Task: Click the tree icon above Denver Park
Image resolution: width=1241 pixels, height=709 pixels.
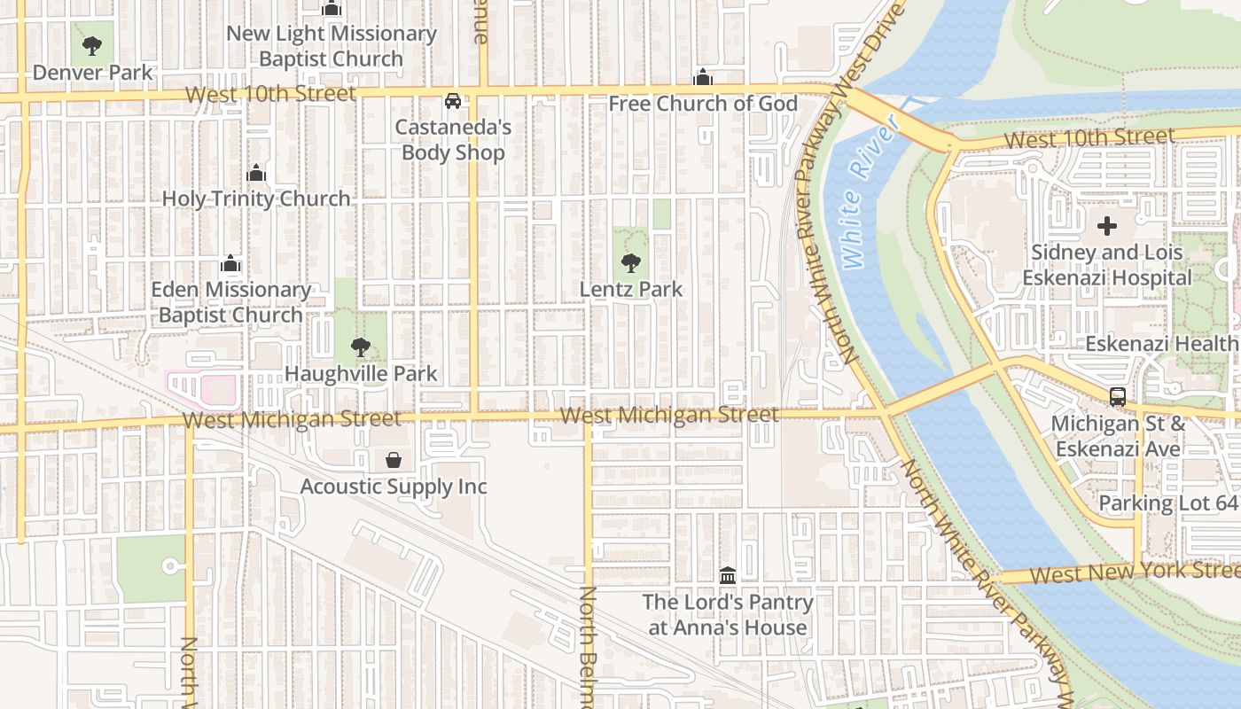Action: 91,46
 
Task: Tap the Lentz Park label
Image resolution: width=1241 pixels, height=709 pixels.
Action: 631,289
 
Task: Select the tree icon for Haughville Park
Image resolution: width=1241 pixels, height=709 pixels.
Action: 360,347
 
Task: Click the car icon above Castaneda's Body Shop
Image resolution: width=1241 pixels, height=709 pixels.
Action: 453,101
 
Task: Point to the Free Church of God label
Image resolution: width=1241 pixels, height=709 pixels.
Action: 703,104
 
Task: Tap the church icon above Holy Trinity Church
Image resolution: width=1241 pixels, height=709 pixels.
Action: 256,173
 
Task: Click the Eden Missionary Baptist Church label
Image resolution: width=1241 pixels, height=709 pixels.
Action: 230,302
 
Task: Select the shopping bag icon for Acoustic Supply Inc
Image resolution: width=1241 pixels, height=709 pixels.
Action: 394,460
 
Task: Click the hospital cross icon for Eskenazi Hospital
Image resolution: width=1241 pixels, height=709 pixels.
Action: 1107,226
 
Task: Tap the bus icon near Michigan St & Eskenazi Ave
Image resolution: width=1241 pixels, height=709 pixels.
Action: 1118,397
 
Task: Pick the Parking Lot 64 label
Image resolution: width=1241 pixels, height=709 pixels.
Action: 1167,503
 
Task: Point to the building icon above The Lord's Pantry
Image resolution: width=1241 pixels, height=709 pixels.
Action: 728,576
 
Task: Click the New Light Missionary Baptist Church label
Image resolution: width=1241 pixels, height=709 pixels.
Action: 332,46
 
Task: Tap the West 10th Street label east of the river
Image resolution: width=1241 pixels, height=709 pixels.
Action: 1089,138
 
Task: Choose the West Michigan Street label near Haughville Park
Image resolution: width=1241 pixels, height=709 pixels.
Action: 292,418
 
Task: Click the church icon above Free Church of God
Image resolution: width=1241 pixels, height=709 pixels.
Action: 703,78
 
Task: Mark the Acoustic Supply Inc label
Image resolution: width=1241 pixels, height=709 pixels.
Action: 394,487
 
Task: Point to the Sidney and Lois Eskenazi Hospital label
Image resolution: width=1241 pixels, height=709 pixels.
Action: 1107,265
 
